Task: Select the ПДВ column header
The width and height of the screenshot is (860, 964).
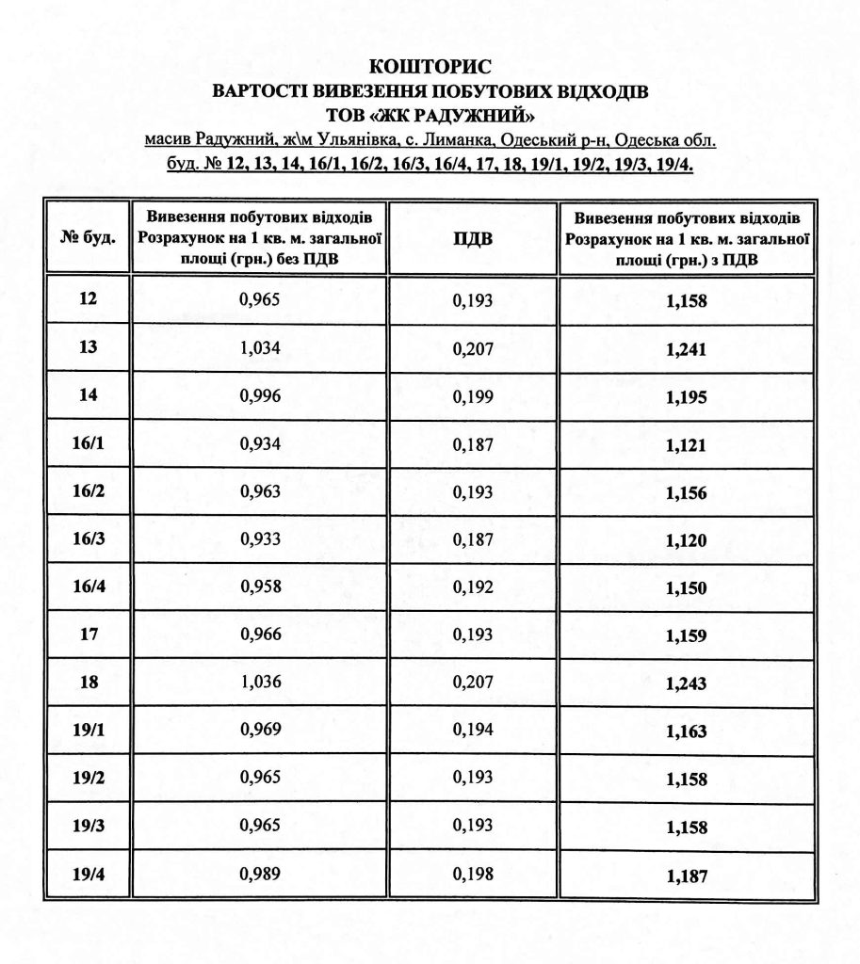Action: [473, 238]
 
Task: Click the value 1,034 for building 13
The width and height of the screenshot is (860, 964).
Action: [261, 347]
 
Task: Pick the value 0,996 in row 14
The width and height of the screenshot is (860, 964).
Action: [261, 395]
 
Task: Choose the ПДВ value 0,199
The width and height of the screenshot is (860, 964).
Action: [473, 396]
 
